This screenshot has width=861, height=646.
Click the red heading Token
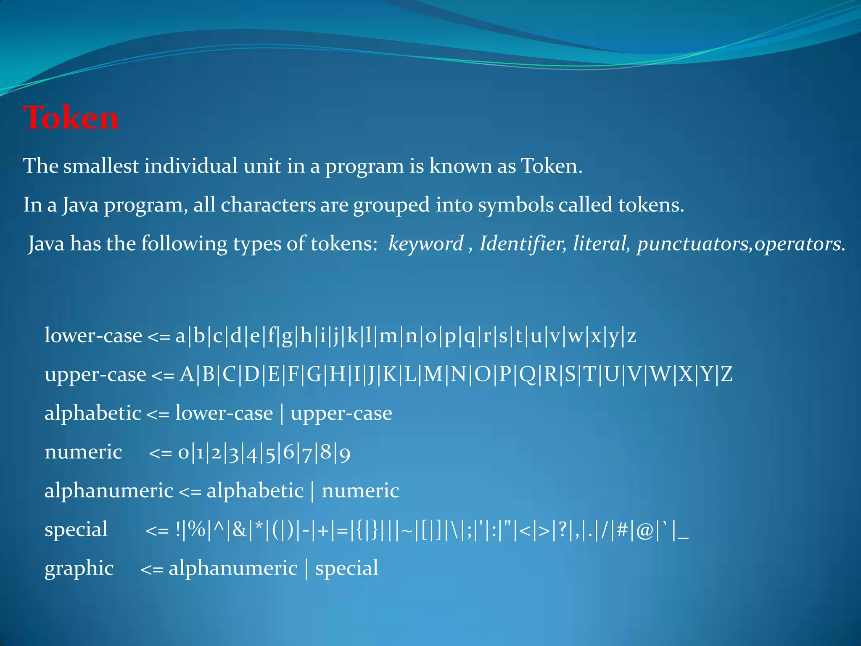pos(71,118)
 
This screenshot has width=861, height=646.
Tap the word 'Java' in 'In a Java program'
pos(80,205)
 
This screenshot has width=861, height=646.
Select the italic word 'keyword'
pos(425,244)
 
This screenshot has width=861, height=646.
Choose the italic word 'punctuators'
pos(693,244)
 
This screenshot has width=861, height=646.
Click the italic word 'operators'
pos(799,244)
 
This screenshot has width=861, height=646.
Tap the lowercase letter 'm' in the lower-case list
pos(388,336)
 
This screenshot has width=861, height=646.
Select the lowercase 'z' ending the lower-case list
pos(631,336)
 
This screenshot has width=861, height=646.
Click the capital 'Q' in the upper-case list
pos(528,374)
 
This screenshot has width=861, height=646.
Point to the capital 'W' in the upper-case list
pos(660,374)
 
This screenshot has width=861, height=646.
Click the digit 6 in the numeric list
pos(288,453)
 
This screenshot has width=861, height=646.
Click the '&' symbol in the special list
pos(239,530)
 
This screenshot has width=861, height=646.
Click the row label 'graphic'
pos(79,569)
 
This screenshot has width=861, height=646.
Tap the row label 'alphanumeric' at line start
pos(109,491)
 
